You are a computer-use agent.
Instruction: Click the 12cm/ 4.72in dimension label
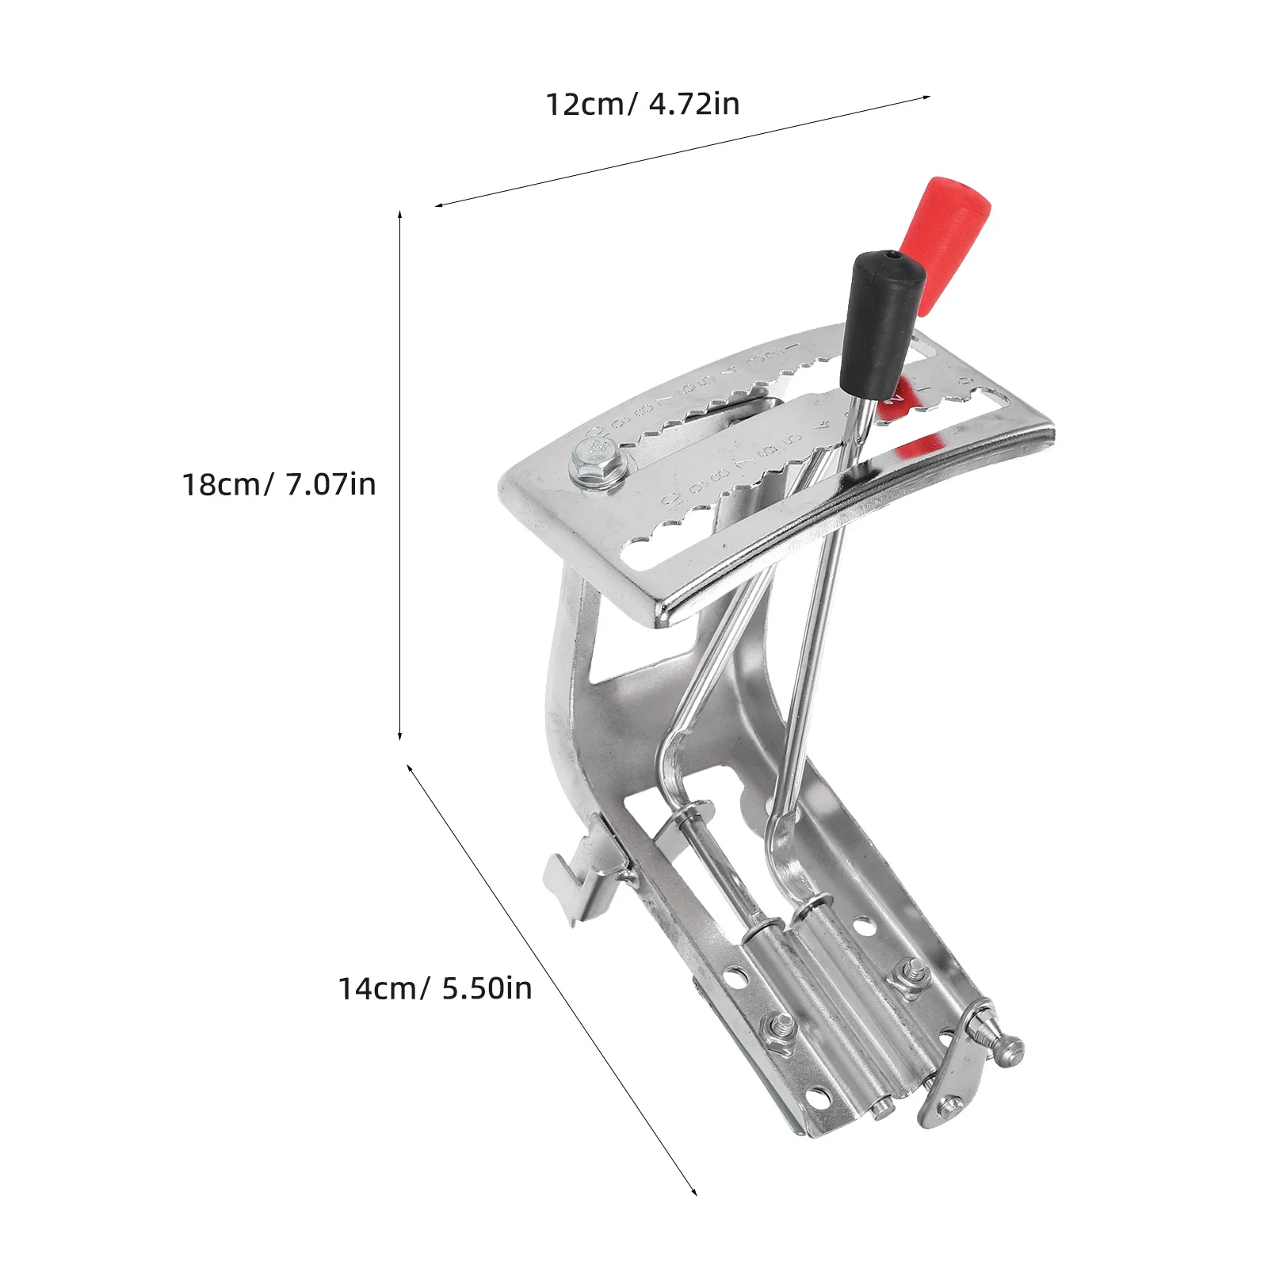point(642,104)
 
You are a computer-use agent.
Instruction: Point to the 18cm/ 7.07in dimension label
point(279,484)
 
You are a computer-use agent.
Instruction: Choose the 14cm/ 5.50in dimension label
point(435,988)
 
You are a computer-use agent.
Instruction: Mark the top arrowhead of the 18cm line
point(400,213)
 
